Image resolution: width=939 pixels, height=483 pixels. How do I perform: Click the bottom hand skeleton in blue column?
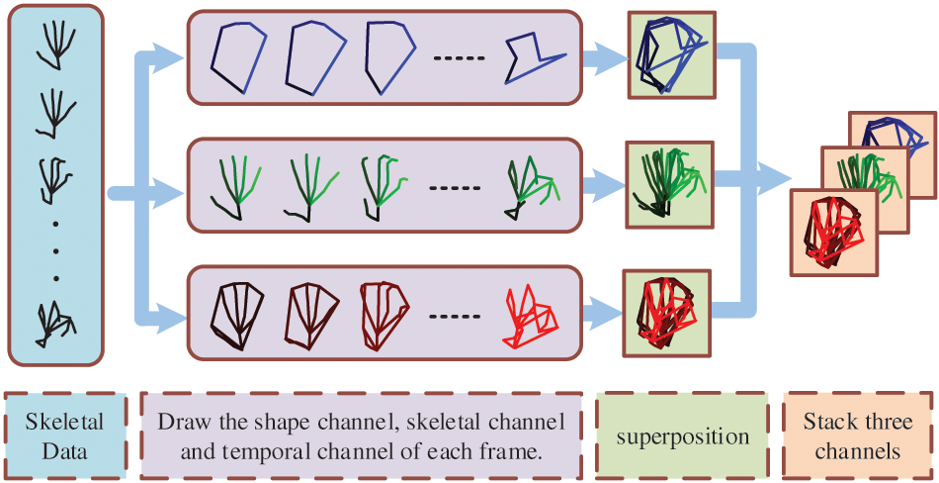pos(54,323)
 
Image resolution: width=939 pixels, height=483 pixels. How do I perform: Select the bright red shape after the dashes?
pos(532,315)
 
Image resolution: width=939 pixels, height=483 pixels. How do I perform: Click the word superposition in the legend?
pos(681,436)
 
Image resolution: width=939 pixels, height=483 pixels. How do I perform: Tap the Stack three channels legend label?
pos(857,436)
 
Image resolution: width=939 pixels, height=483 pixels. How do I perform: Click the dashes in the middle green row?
pos(458,188)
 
